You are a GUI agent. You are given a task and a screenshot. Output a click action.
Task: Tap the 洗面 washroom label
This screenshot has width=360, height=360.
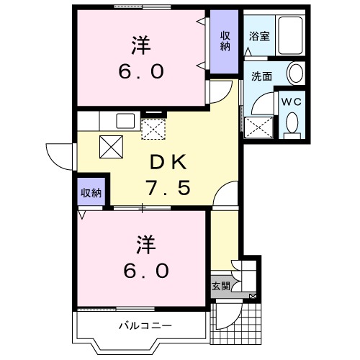coord(261,75)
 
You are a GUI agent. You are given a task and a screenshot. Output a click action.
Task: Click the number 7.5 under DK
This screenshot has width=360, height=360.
coord(170,189)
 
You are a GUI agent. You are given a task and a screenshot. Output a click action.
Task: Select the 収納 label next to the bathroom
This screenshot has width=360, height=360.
coord(225,40)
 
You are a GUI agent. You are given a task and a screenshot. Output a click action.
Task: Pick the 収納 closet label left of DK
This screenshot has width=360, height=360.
coord(91,192)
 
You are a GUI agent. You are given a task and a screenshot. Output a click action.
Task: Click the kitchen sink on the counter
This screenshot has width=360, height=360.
coord(123,120)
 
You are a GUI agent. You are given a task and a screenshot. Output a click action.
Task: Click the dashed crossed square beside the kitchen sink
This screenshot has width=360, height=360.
coord(153,130)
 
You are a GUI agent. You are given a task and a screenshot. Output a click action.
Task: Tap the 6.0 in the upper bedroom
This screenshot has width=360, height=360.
coord(142,72)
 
